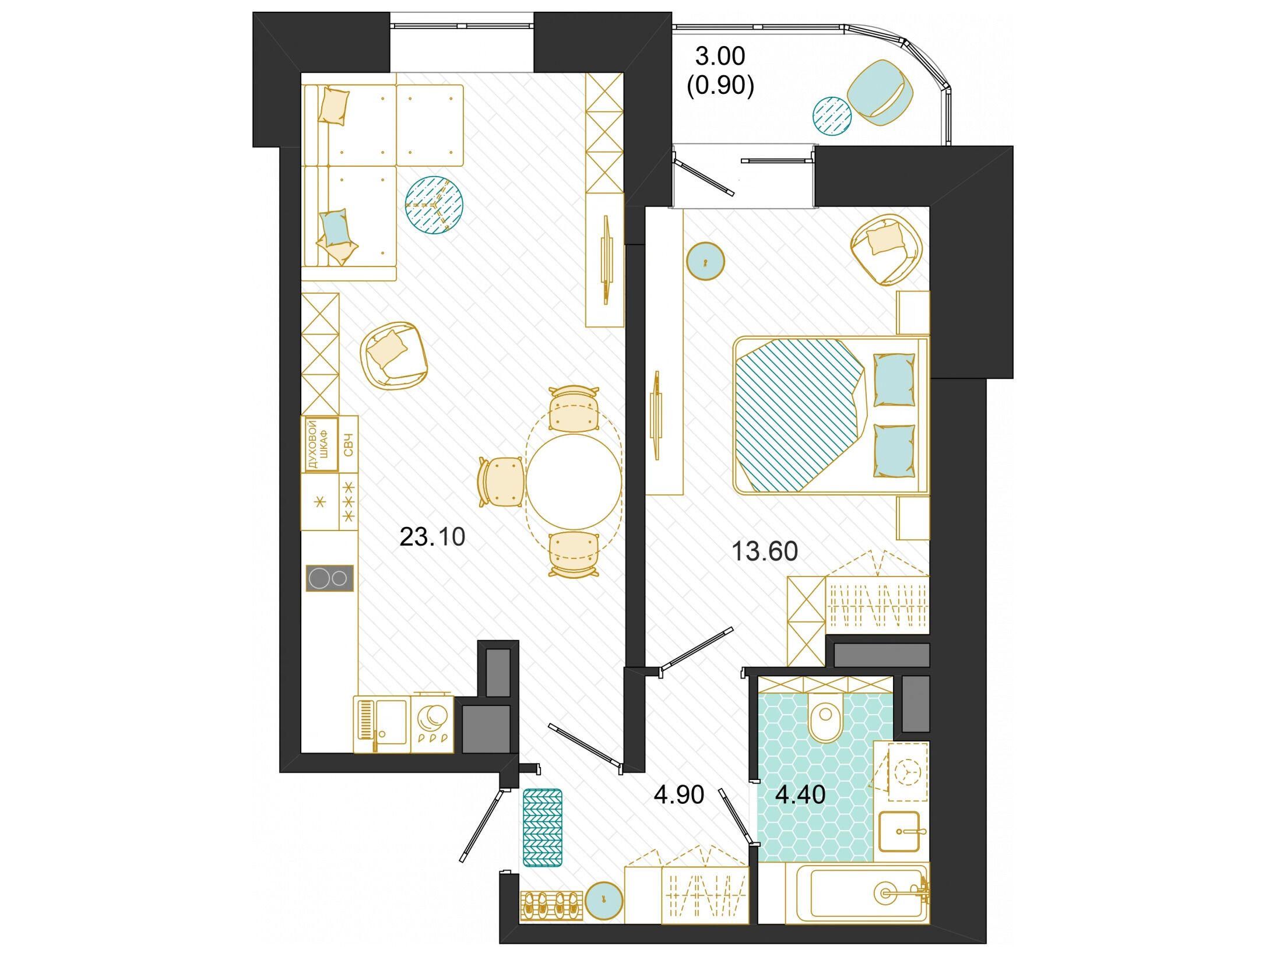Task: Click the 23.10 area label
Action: [432, 537]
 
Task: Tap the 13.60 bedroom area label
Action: [764, 551]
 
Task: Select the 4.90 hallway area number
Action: [679, 795]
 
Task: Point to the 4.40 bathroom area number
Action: [800, 795]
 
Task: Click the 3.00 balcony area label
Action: [720, 57]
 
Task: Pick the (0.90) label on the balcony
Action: [720, 86]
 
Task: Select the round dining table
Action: [574, 481]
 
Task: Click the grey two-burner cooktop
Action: [330, 578]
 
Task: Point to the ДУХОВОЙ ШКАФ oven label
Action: [318, 445]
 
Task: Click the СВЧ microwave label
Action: [349, 445]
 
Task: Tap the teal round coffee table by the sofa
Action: [434, 205]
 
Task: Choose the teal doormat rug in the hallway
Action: [543, 827]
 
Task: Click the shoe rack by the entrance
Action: [551, 905]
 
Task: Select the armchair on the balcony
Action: [881, 92]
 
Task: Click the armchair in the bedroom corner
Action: [887, 249]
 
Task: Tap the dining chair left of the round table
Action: [501, 481]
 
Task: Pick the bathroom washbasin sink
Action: [899, 831]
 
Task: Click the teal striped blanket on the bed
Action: [799, 413]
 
